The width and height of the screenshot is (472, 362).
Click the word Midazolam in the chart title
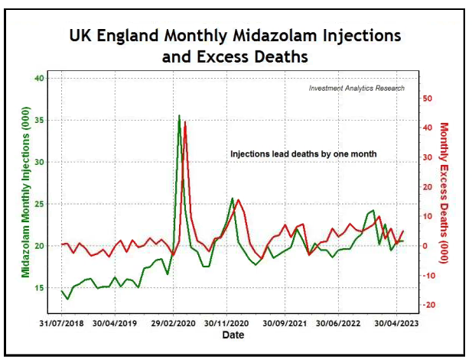tap(273, 36)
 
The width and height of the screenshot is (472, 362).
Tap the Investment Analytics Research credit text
tap(356, 88)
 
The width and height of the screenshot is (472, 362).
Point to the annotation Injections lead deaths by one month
tap(304, 154)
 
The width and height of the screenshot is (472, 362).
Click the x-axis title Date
tap(233, 335)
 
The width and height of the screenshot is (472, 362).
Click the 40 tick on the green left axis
tap(40, 78)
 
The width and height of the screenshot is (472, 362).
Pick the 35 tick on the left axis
tap(40, 120)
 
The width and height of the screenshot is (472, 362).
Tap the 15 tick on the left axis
tap(40, 288)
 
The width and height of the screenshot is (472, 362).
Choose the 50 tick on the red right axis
tap(428, 99)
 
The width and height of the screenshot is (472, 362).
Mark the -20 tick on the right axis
tap(428, 305)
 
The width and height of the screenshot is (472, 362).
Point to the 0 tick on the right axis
tap(428, 246)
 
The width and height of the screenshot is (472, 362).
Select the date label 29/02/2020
tap(173, 322)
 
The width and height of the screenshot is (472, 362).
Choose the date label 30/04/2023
tap(396, 322)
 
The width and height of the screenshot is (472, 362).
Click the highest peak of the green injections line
tap(179, 116)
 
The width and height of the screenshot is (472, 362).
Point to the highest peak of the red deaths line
tap(185, 123)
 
